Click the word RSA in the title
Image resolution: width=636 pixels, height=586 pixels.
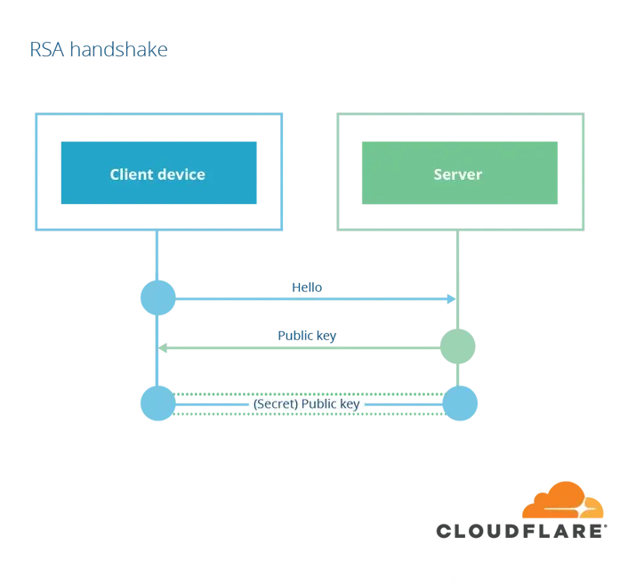pos(47,50)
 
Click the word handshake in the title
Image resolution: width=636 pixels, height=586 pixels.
pos(119,50)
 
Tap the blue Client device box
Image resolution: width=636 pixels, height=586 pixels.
pos(158,173)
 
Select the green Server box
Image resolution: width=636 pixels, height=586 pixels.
pos(460,173)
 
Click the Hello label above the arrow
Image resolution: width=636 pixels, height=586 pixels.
pos(307,288)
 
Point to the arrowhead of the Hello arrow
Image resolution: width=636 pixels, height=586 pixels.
pos(452,299)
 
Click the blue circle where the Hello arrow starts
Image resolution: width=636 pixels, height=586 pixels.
pos(157,297)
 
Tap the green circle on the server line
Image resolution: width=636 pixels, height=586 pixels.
pos(458,346)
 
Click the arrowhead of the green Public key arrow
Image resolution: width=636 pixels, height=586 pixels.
pos(163,348)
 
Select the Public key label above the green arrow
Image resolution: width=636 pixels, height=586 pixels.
pos(307,336)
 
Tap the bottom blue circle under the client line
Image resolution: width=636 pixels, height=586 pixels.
pos(157,403)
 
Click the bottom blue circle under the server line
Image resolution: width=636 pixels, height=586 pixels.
pos(460,403)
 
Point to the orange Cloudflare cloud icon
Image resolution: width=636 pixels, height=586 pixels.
pos(563,501)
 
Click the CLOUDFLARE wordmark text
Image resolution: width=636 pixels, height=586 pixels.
pos(521,531)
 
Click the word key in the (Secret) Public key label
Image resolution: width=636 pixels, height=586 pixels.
pos(350,404)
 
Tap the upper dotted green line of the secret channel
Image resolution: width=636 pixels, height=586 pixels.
pos(309,394)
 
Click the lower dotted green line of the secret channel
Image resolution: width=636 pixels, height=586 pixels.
pos(309,414)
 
